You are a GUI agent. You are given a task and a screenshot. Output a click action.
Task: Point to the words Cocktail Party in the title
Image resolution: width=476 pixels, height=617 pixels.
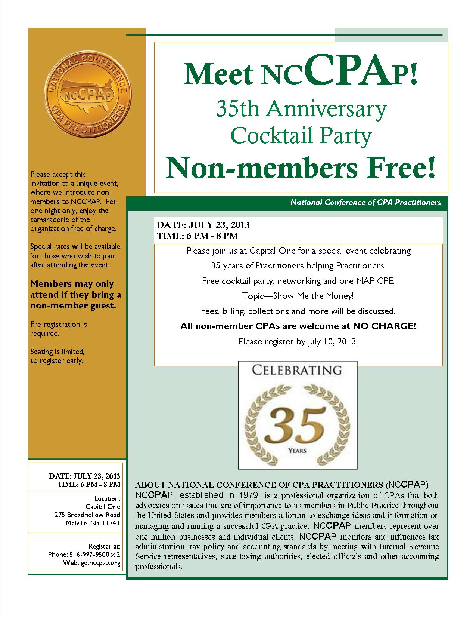pyautogui.click(x=301, y=136)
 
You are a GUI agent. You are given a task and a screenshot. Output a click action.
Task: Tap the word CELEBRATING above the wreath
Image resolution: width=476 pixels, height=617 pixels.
pyautogui.click(x=297, y=370)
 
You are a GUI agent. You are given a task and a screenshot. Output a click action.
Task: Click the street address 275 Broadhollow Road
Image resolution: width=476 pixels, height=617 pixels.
pyautogui.click(x=87, y=515)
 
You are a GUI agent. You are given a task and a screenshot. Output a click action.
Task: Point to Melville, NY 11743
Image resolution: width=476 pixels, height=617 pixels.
pyautogui.click(x=93, y=523)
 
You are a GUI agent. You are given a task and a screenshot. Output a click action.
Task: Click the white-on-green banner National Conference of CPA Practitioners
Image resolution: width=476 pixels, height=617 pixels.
pyautogui.click(x=365, y=202)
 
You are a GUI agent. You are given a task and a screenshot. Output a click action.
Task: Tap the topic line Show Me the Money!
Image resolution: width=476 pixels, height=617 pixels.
pyautogui.click(x=313, y=296)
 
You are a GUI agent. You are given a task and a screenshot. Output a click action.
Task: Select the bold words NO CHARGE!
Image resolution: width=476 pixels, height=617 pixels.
pyautogui.click(x=384, y=326)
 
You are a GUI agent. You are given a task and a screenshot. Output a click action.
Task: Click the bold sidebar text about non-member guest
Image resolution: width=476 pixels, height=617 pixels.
pyautogui.click(x=76, y=295)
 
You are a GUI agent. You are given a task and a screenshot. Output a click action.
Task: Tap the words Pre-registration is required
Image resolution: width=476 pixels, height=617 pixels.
pyautogui.click(x=59, y=328)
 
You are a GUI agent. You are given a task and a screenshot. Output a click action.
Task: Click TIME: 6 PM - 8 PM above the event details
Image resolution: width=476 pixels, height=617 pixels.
pyautogui.click(x=197, y=236)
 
